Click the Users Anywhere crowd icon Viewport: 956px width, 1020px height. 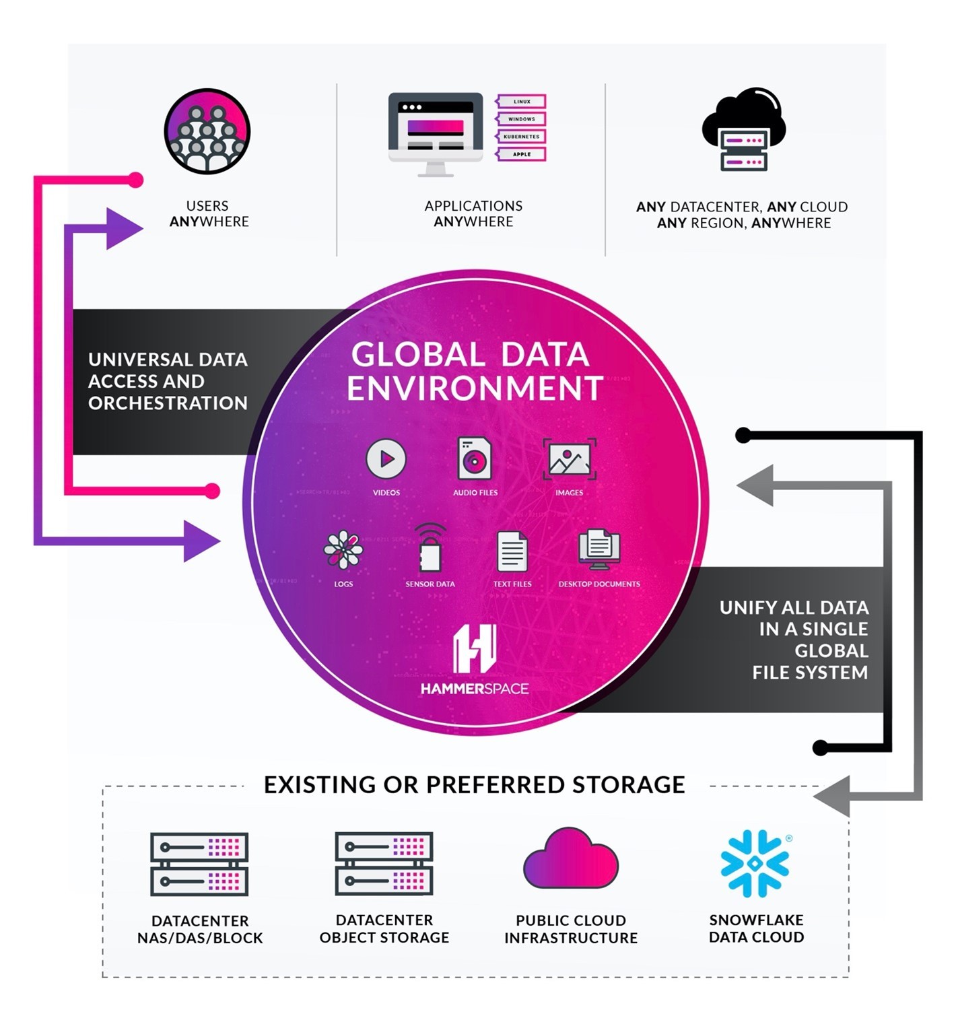[207, 131]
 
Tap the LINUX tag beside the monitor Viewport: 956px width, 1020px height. [522, 102]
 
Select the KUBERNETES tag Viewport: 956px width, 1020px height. [522, 137]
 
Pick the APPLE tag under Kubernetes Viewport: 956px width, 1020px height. [522, 154]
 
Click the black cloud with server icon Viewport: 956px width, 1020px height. [743, 129]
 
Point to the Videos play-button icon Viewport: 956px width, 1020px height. [386, 458]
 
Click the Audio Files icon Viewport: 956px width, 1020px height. [475, 458]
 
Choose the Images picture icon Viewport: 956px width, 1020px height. [570, 460]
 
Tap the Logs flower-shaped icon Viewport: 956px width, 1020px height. [343, 550]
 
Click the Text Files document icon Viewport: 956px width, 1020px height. [512, 551]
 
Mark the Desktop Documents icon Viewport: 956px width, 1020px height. [599, 549]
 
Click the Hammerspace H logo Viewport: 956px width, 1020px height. [475, 649]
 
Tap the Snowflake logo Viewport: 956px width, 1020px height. [755, 863]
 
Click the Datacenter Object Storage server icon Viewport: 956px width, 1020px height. [384, 864]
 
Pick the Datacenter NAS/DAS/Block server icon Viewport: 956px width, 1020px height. [199, 864]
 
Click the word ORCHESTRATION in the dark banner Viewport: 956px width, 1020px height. [168, 403]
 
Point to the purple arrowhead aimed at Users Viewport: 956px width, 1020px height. [124, 229]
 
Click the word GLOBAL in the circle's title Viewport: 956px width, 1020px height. [417, 354]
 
